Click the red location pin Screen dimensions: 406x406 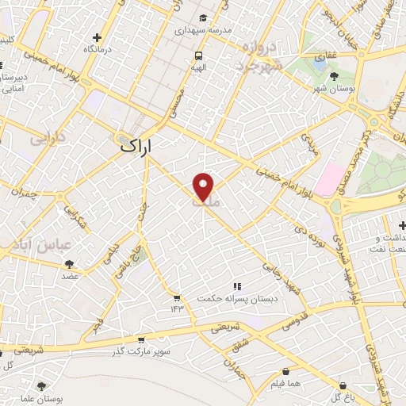coord(204,186)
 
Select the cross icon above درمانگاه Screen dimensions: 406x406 coord(97,37)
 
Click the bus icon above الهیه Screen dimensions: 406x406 coord(198,56)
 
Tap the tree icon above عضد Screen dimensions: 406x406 coord(70,264)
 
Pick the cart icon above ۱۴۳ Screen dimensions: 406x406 coord(178,299)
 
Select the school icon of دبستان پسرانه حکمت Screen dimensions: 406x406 coord(235,287)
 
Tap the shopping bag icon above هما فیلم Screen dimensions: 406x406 coord(284,371)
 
